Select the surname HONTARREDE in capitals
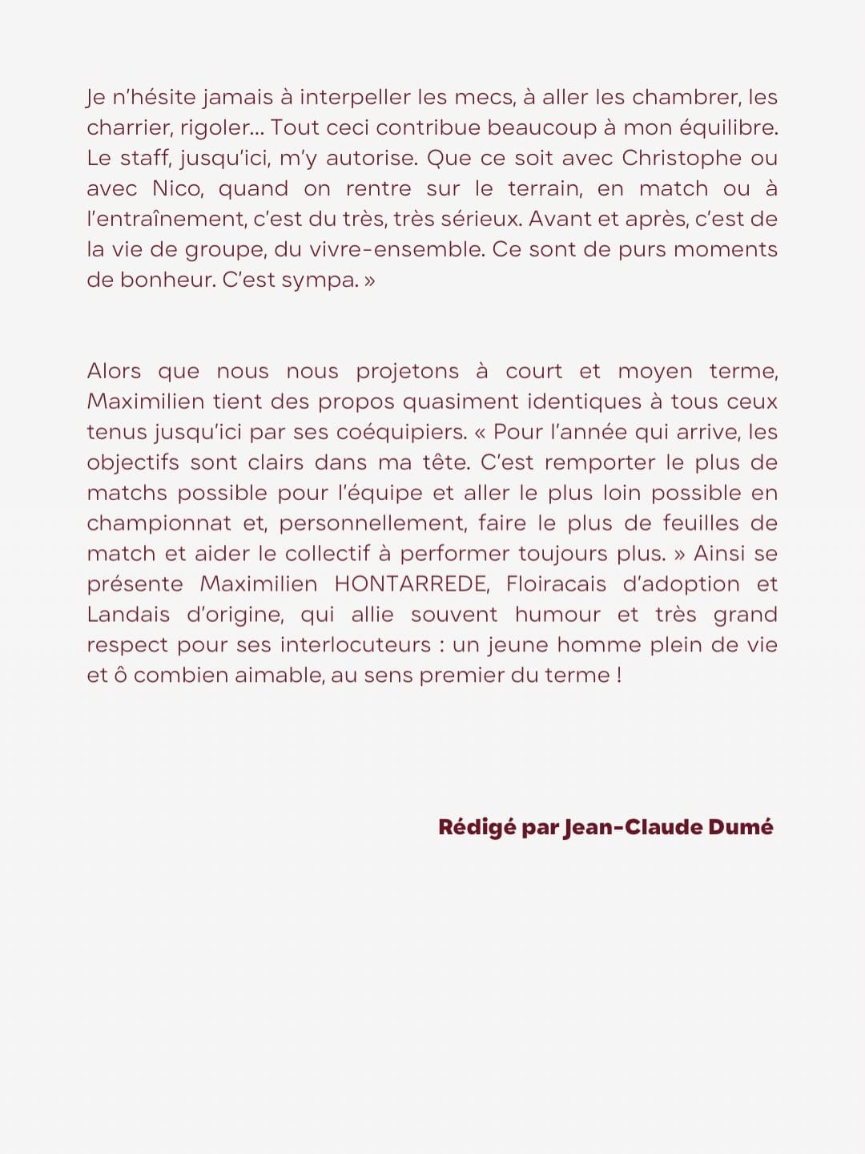tap(412, 583)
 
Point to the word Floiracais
tap(556, 583)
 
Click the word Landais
tap(128, 614)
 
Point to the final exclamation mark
tap(619, 675)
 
